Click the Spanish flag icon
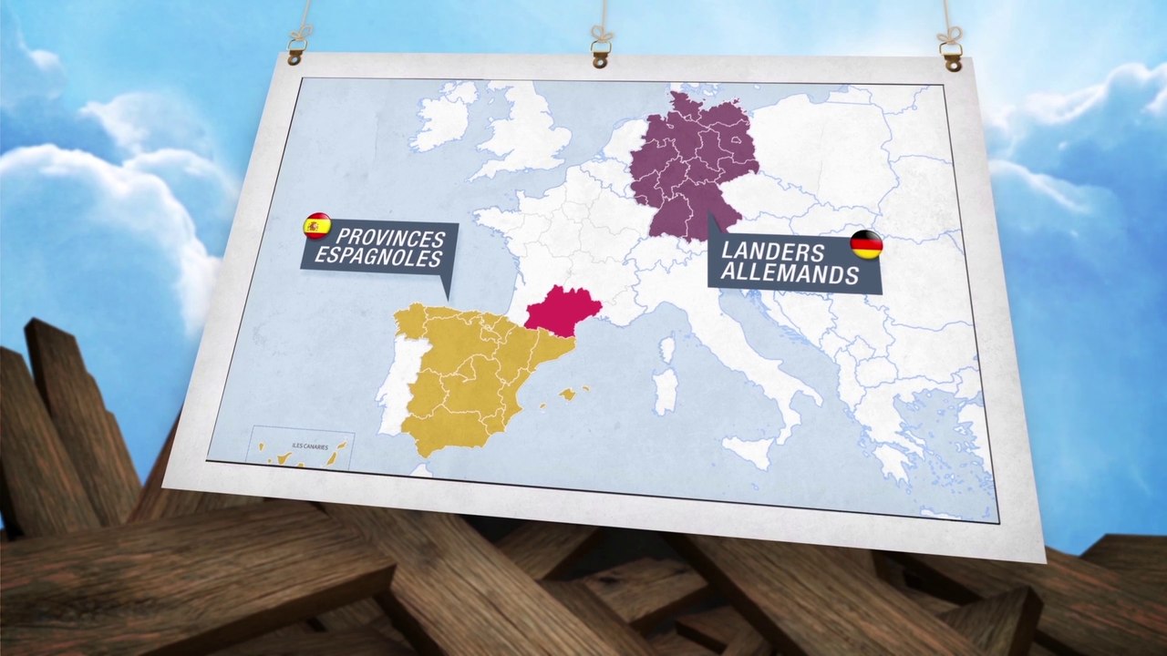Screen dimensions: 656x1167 pyautogui.click(x=317, y=225)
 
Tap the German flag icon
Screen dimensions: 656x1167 pyautogui.click(x=866, y=245)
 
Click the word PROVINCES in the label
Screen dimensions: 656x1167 pyautogui.click(x=390, y=239)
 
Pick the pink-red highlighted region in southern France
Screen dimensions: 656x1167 pyautogui.click(x=560, y=310)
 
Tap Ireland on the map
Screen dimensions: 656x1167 pyautogui.click(x=444, y=116)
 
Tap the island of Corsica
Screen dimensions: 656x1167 pyautogui.click(x=669, y=350)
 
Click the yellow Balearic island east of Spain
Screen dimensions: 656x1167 pyautogui.click(x=569, y=394)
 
